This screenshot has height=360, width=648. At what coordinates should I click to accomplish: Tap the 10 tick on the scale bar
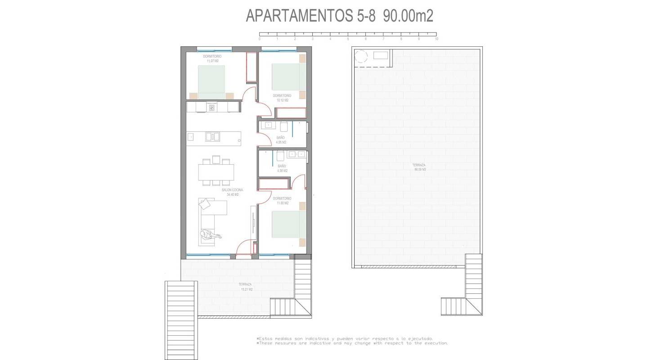point(436,34)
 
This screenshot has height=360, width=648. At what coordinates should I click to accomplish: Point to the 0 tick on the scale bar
point(260,34)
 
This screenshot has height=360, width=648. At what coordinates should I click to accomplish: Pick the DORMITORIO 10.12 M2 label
point(282,98)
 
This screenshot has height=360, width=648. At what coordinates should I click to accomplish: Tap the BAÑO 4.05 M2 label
point(281,140)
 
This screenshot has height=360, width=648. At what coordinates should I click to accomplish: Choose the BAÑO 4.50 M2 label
point(282,168)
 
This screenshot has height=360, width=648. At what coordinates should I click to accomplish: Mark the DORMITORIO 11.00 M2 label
point(282,201)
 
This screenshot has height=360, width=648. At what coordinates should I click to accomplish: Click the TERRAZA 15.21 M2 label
point(245,287)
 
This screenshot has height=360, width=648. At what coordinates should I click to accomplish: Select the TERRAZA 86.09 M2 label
point(419,167)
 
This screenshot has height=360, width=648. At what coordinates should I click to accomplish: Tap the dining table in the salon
point(216,172)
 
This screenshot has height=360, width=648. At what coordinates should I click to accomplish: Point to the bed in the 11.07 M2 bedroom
point(211,81)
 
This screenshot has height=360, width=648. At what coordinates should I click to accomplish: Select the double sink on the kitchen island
point(212,136)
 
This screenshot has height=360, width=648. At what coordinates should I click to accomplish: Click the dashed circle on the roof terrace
point(361,56)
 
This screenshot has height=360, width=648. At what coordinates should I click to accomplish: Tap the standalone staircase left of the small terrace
point(181,320)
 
